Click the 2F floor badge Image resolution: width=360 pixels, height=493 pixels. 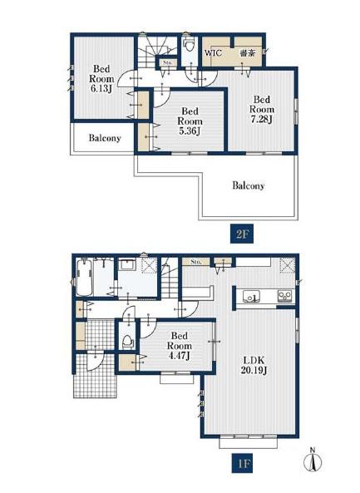(x=241, y=234)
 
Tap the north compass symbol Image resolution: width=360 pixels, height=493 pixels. (x=313, y=461)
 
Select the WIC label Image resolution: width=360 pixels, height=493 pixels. (x=213, y=52)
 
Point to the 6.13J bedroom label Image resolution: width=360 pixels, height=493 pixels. (x=101, y=79)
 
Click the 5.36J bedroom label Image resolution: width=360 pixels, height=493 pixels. (x=190, y=121)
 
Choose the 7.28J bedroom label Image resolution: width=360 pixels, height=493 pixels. (x=262, y=110)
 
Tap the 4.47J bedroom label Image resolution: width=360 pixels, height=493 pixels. (x=179, y=346)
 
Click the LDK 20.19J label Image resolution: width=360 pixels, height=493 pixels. (x=254, y=365)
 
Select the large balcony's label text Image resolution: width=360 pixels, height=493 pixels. (x=248, y=185)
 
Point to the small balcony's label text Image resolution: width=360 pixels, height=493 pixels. (x=105, y=138)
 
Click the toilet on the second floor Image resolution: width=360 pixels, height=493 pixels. (x=190, y=46)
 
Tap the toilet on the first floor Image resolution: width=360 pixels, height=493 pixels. (x=127, y=341)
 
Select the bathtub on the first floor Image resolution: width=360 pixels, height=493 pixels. (x=84, y=277)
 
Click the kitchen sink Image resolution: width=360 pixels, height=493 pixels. (x=251, y=296)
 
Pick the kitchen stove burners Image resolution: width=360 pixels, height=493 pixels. (x=285, y=296)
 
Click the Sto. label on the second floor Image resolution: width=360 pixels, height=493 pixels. (x=168, y=62)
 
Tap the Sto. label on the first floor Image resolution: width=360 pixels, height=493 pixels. (x=196, y=262)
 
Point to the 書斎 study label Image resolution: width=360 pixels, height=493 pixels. (x=247, y=53)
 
